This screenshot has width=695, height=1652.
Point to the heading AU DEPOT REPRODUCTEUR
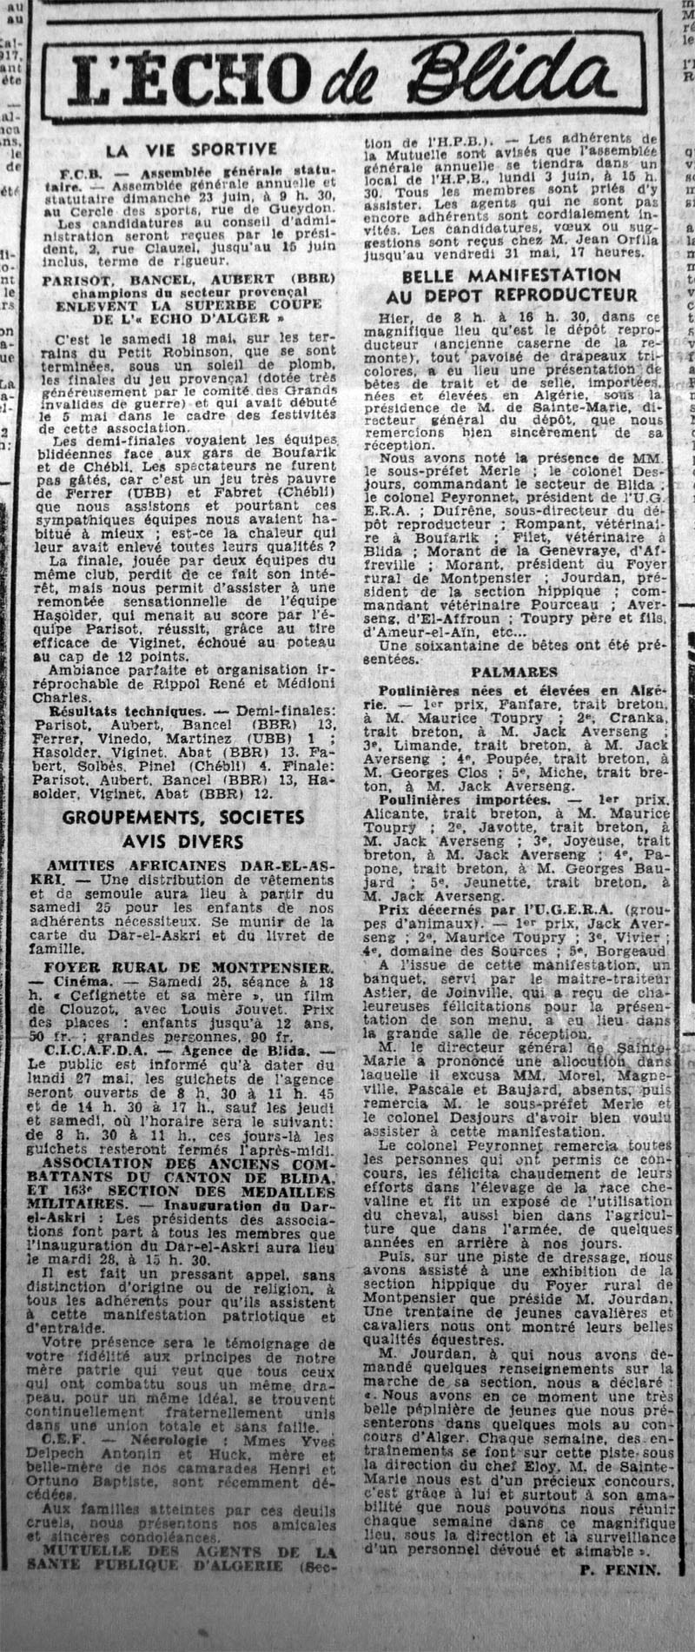click(521, 295)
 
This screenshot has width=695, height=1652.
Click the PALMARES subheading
click(515, 673)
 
